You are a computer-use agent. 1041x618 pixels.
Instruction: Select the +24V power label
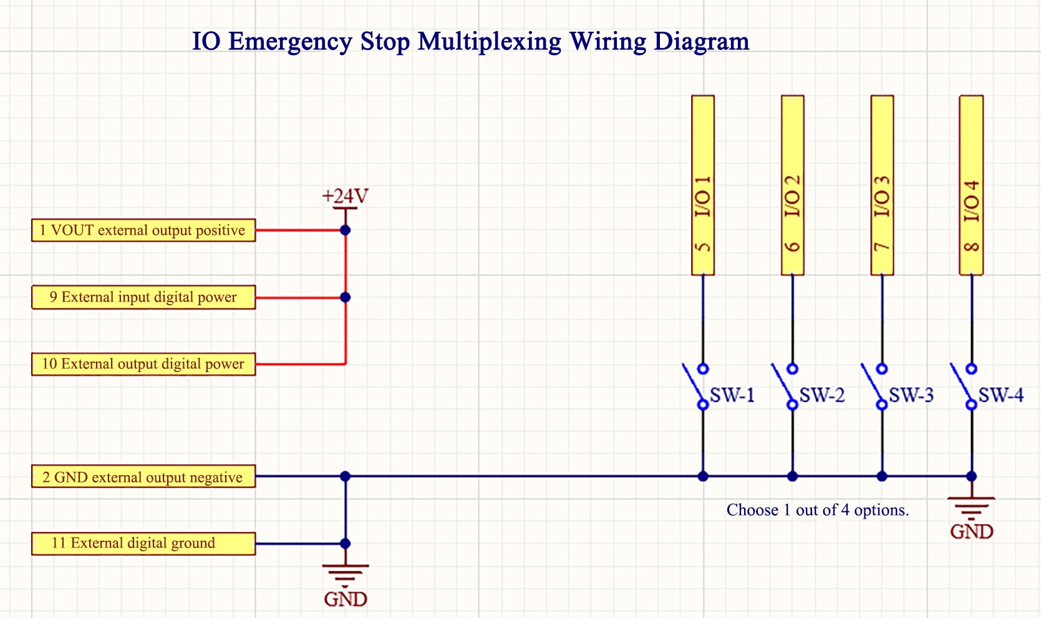[345, 197]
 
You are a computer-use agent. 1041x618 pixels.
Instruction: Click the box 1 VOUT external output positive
[143, 230]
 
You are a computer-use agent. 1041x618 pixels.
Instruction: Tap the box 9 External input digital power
[143, 297]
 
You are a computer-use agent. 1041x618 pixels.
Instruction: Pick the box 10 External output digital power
[143, 364]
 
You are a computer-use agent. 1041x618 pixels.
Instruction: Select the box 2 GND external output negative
[143, 478]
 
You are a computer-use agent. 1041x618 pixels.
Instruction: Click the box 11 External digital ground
[143, 543]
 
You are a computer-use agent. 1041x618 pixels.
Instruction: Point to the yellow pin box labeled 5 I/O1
[703, 185]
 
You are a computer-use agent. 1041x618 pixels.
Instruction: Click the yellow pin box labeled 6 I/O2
[792, 185]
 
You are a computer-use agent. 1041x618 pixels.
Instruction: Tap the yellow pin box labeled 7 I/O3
[882, 185]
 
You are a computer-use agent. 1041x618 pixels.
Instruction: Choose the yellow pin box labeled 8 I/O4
[971, 185]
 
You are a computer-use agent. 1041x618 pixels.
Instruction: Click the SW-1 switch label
[732, 395]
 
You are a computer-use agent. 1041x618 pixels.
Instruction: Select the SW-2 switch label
[822, 395]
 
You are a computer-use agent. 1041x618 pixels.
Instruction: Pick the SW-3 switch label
[911, 395]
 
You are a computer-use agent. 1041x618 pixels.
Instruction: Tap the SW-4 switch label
[1000, 395]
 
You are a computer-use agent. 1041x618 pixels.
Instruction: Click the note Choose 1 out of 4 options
[817, 511]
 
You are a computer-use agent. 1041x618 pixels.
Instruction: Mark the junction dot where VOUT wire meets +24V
[345, 230]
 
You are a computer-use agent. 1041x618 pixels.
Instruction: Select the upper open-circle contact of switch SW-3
[882, 369]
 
